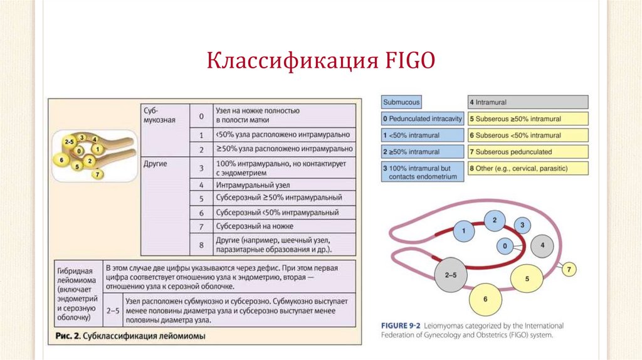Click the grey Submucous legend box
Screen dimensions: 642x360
(401, 102)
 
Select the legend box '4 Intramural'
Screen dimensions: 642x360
(528, 102)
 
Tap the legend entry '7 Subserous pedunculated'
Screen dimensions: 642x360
(528, 151)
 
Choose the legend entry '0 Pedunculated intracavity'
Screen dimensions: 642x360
(423, 119)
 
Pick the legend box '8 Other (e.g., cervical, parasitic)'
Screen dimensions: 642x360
(528, 168)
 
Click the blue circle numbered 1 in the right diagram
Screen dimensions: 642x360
(463, 232)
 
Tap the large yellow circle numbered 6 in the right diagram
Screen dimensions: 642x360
(485, 300)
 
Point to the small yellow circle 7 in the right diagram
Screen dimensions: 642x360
(569, 270)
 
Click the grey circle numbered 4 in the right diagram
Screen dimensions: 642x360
(543, 244)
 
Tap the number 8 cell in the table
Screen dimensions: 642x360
(201, 245)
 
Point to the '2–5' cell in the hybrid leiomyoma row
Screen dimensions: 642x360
(113, 310)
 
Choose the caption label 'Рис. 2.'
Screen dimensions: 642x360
(67, 337)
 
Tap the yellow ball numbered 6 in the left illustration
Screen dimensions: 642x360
(61, 159)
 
